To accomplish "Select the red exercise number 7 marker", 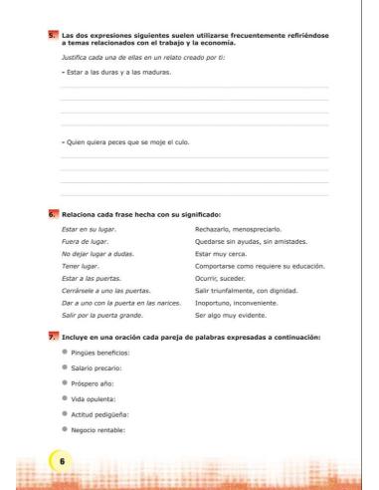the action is [x=54, y=338].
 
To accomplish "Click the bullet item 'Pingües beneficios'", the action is [x=108, y=355].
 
